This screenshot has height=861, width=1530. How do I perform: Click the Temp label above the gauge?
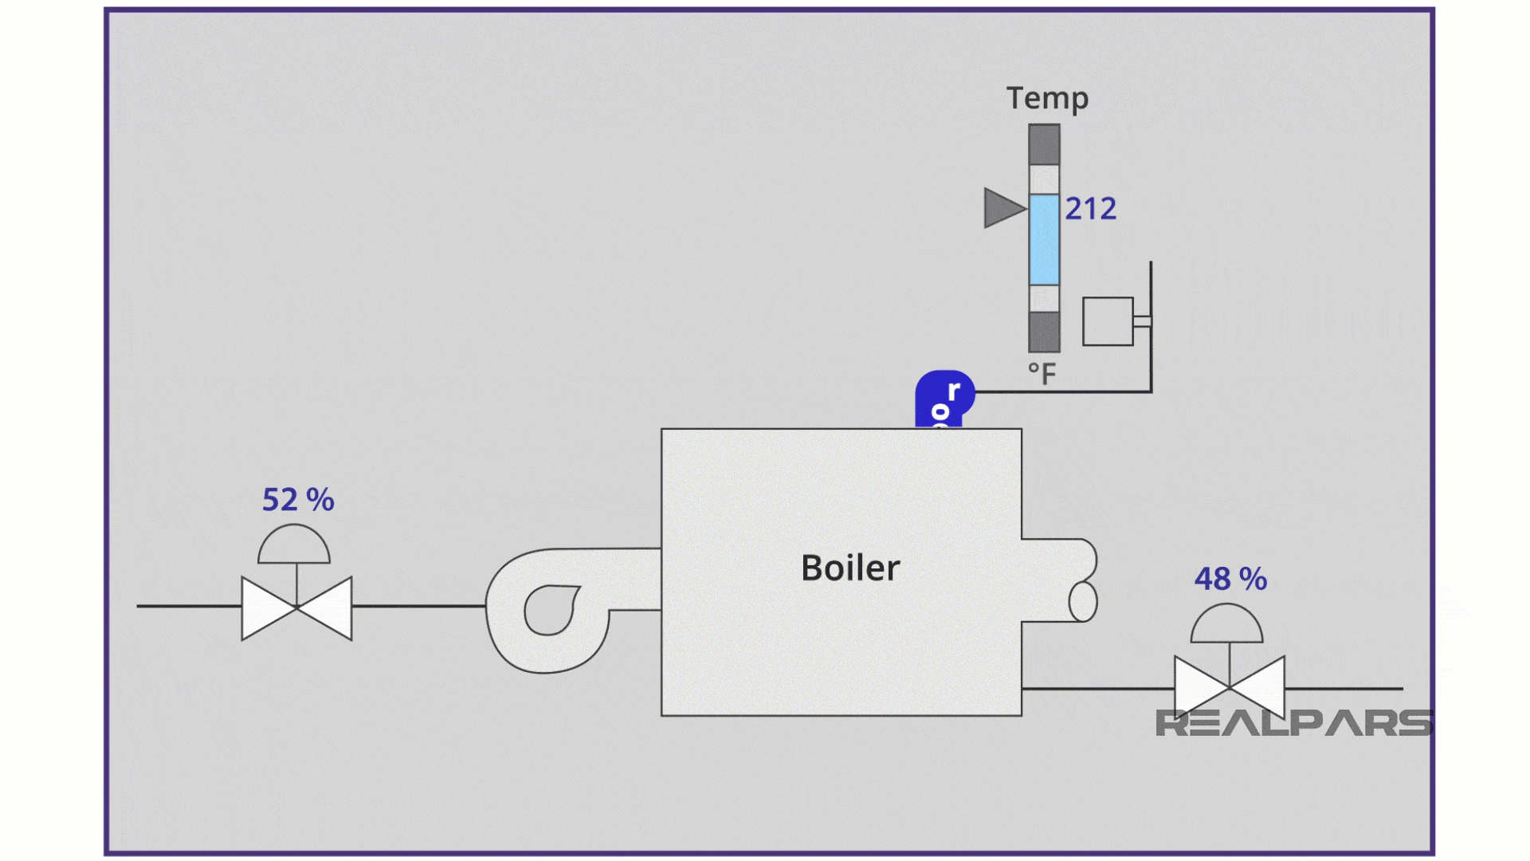(1047, 98)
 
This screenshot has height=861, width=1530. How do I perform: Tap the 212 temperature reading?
(1091, 209)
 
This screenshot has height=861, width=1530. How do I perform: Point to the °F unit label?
(1042, 373)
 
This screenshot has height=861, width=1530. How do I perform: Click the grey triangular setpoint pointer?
(1002, 208)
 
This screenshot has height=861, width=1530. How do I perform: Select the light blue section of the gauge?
(1044, 239)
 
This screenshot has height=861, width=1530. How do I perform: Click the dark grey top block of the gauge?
(1044, 144)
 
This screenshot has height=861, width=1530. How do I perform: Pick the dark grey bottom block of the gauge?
(1044, 332)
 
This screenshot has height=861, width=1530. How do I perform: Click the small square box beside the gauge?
(1108, 321)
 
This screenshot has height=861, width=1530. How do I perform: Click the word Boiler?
(850, 568)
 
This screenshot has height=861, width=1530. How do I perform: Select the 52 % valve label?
(298, 500)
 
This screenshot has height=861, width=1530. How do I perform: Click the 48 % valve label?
(1230, 579)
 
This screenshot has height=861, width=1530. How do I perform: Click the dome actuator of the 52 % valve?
(294, 546)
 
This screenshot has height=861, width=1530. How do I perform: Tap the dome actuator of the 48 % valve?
(1227, 625)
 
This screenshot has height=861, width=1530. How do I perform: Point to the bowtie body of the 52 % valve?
(296, 608)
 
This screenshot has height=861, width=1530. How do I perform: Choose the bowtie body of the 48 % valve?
(1230, 687)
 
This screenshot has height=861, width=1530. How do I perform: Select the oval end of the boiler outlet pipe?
(1082, 601)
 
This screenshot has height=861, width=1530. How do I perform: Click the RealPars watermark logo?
(1293, 723)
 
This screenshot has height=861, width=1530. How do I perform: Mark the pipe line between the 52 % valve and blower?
(418, 606)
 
